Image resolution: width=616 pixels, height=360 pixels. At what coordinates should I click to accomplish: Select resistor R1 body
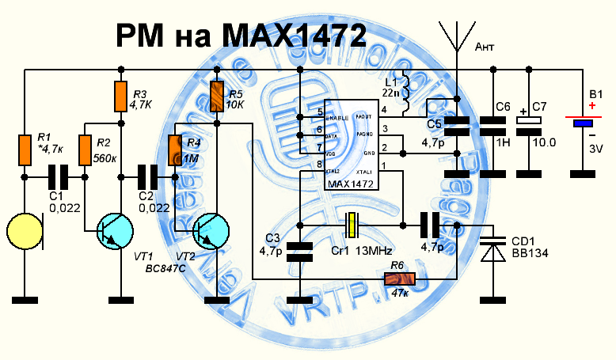(x=25, y=150)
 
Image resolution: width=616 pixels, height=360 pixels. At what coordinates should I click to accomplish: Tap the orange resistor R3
(x=120, y=97)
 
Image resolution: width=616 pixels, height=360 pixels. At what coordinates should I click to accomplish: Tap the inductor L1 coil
(x=405, y=93)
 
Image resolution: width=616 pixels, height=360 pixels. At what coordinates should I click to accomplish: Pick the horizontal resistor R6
(x=399, y=279)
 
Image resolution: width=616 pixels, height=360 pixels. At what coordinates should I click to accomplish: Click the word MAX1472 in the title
(x=295, y=35)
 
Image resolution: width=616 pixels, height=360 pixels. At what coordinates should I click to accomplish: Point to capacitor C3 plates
(x=300, y=252)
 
